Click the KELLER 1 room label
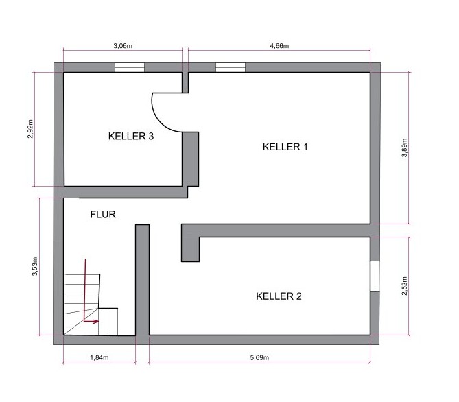tap(285, 147)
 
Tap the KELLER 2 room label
tap(279, 296)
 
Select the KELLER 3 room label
tap(131, 136)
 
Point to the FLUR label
tap(103, 215)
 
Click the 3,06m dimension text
tap(123, 46)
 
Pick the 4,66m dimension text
tap(279, 46)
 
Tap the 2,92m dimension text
tap(30, 129)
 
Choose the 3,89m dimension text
tap(404, 148)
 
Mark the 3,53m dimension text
tap(35, 266)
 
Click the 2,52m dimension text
tap(404, 286)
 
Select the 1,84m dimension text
tap(99, 357)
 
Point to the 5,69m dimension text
tap(259, 357)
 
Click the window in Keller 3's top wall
tap(130, 67)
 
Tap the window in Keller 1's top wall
tap(231, 67)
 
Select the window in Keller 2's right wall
tap(375, 276)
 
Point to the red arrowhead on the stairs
tap(96, 321)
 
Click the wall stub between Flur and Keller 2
tap(142, 280)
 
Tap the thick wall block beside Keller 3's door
tap(191, 159)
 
